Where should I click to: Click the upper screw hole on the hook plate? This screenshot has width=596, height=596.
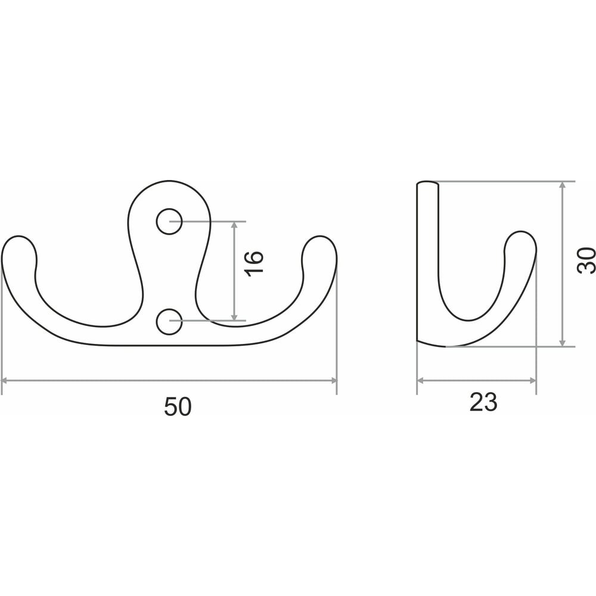coord(169,221)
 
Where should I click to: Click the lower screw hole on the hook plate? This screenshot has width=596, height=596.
coord(169,322)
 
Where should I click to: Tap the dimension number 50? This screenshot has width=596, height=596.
coord(178,406)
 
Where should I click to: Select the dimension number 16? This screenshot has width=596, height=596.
coord(253,263)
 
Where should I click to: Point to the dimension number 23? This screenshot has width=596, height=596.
coord(483,402)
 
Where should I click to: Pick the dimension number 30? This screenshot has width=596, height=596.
coord(586,260)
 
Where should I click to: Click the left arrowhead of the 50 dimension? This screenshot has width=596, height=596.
coord(5,380)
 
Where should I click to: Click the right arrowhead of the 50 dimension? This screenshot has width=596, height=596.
coord(334,380)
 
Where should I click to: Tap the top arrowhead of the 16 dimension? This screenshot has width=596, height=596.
coord(234,225)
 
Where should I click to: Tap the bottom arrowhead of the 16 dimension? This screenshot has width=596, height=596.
coord(234,317)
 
